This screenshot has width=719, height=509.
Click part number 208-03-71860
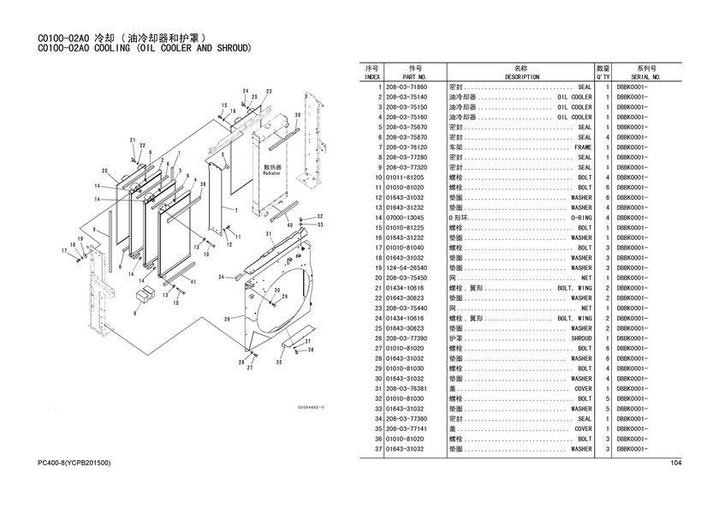click(407, 87)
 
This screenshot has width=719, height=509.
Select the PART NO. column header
click(416, 76)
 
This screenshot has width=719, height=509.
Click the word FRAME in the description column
click(583, 147)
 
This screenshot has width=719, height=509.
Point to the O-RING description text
click(580, 218)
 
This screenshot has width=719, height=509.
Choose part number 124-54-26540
click(407, 267)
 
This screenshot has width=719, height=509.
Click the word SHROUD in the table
click(580, 338)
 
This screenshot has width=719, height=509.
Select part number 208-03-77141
click(407, 428)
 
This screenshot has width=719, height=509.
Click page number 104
click(675, 464)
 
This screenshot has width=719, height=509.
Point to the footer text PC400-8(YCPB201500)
click(74, 464)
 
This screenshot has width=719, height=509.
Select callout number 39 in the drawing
click(297, 115)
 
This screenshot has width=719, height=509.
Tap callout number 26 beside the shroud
click(227, 318)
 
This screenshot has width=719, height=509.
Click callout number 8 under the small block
click(135, 315)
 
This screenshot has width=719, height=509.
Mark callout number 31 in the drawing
click(269, 233)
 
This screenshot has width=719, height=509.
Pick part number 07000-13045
click(407, 218)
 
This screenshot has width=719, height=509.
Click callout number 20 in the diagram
click(104, 171)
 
